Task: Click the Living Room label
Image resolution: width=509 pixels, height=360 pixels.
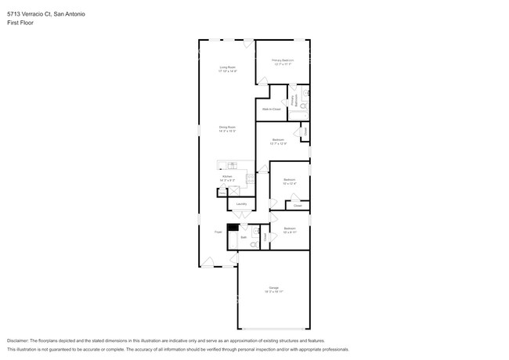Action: tap(227, 68)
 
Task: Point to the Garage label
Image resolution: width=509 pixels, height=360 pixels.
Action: tap(274, 288)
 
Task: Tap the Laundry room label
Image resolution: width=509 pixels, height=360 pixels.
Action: tap(241, 203)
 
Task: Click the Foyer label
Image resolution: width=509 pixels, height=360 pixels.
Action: tap(218, 232)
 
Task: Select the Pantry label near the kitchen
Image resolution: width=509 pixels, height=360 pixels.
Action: tap(222, 190)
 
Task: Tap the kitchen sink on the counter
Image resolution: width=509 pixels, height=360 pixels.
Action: tap(233, 165)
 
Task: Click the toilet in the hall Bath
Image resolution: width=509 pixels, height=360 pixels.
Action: tap(254, 244)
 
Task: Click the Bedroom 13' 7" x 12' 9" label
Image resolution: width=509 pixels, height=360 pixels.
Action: tap(279, 141)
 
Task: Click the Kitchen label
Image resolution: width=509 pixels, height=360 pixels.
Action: tap(227, 178)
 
